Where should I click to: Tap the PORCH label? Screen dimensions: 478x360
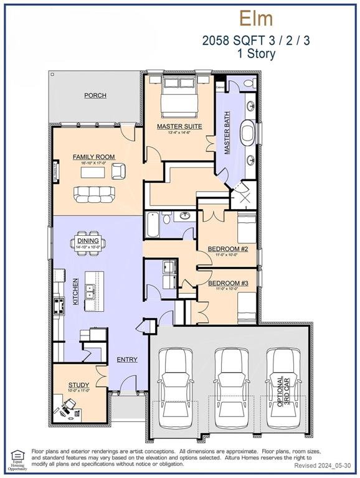pyautogui.click(x=95, y=95)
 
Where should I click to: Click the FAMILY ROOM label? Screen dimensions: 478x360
pyautogui.click(x=90, y=157)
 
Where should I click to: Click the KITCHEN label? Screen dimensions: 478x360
pyautogui.click(x=75, y=290)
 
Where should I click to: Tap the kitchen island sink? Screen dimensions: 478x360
pyautogui.click(x=90, y=289)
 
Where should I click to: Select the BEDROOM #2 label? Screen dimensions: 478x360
pyautogui.click(x=227, y=249)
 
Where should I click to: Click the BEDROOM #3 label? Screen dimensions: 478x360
pyautogui.click(x=227, y=283)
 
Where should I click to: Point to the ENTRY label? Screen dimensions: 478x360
pyautogui.click(x=127, y=360)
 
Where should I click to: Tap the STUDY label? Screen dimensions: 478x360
pyautogui.click(x=78, y=385)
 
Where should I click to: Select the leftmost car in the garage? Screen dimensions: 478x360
pyautogui.click(x=174, y=386)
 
